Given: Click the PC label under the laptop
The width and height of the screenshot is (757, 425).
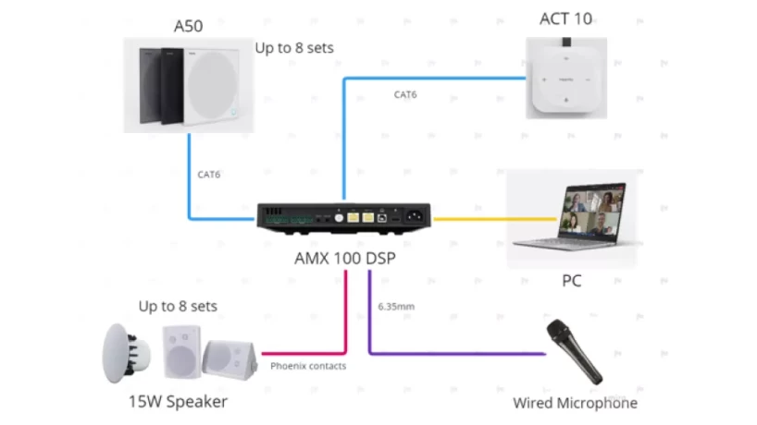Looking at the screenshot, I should (571, 280).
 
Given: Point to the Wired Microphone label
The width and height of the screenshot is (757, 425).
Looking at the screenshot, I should (575, 403).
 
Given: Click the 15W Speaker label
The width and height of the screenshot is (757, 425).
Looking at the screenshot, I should (177, 401).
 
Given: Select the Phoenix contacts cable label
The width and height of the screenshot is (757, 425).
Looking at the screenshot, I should (308, 366).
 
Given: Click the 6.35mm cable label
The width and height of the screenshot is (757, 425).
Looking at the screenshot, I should (395, 304).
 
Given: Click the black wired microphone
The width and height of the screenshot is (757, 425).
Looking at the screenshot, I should (575, 352).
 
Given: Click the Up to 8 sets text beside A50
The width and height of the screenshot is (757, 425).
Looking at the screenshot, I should (294, 46).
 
